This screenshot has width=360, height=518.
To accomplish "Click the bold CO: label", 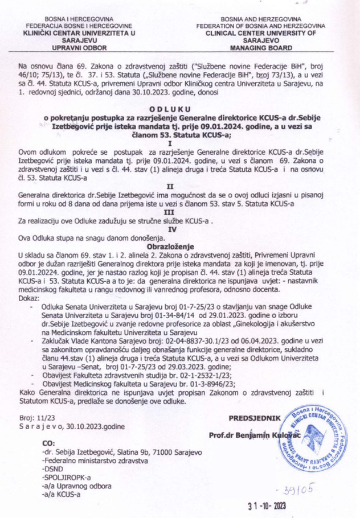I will point(50,443).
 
